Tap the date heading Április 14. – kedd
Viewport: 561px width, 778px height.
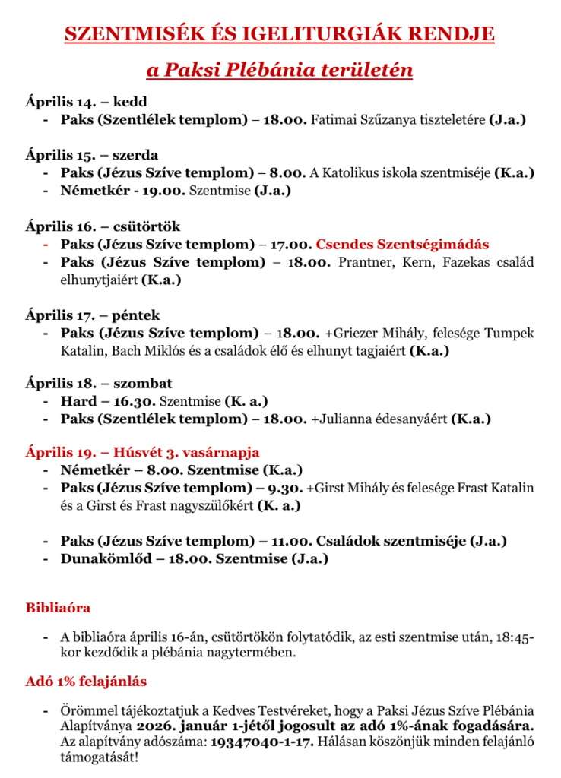(x=86, y=102)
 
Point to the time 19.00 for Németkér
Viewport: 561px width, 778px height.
(x=154, y=191)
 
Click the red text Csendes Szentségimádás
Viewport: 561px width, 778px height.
(x=402, y=245)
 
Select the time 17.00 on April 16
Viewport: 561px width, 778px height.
(x=290, y=245)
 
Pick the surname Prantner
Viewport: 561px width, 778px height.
(x=364, y=262)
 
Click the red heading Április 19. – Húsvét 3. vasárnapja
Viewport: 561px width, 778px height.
(x=142, y=452)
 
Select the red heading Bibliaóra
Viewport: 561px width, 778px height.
(x=58, y=608)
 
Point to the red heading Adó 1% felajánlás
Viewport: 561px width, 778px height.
(x=86, y=682)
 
